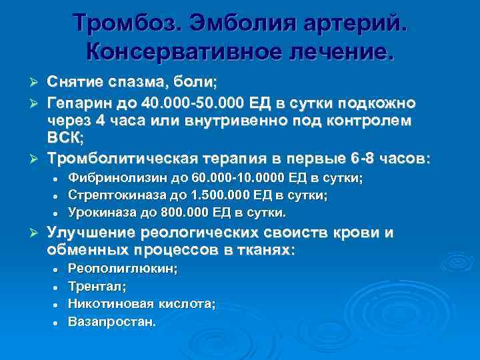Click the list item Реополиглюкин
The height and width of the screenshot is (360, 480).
[123, 269]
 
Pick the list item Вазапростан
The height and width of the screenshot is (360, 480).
[113, 321]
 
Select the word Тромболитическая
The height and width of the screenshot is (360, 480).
[122, 159]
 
